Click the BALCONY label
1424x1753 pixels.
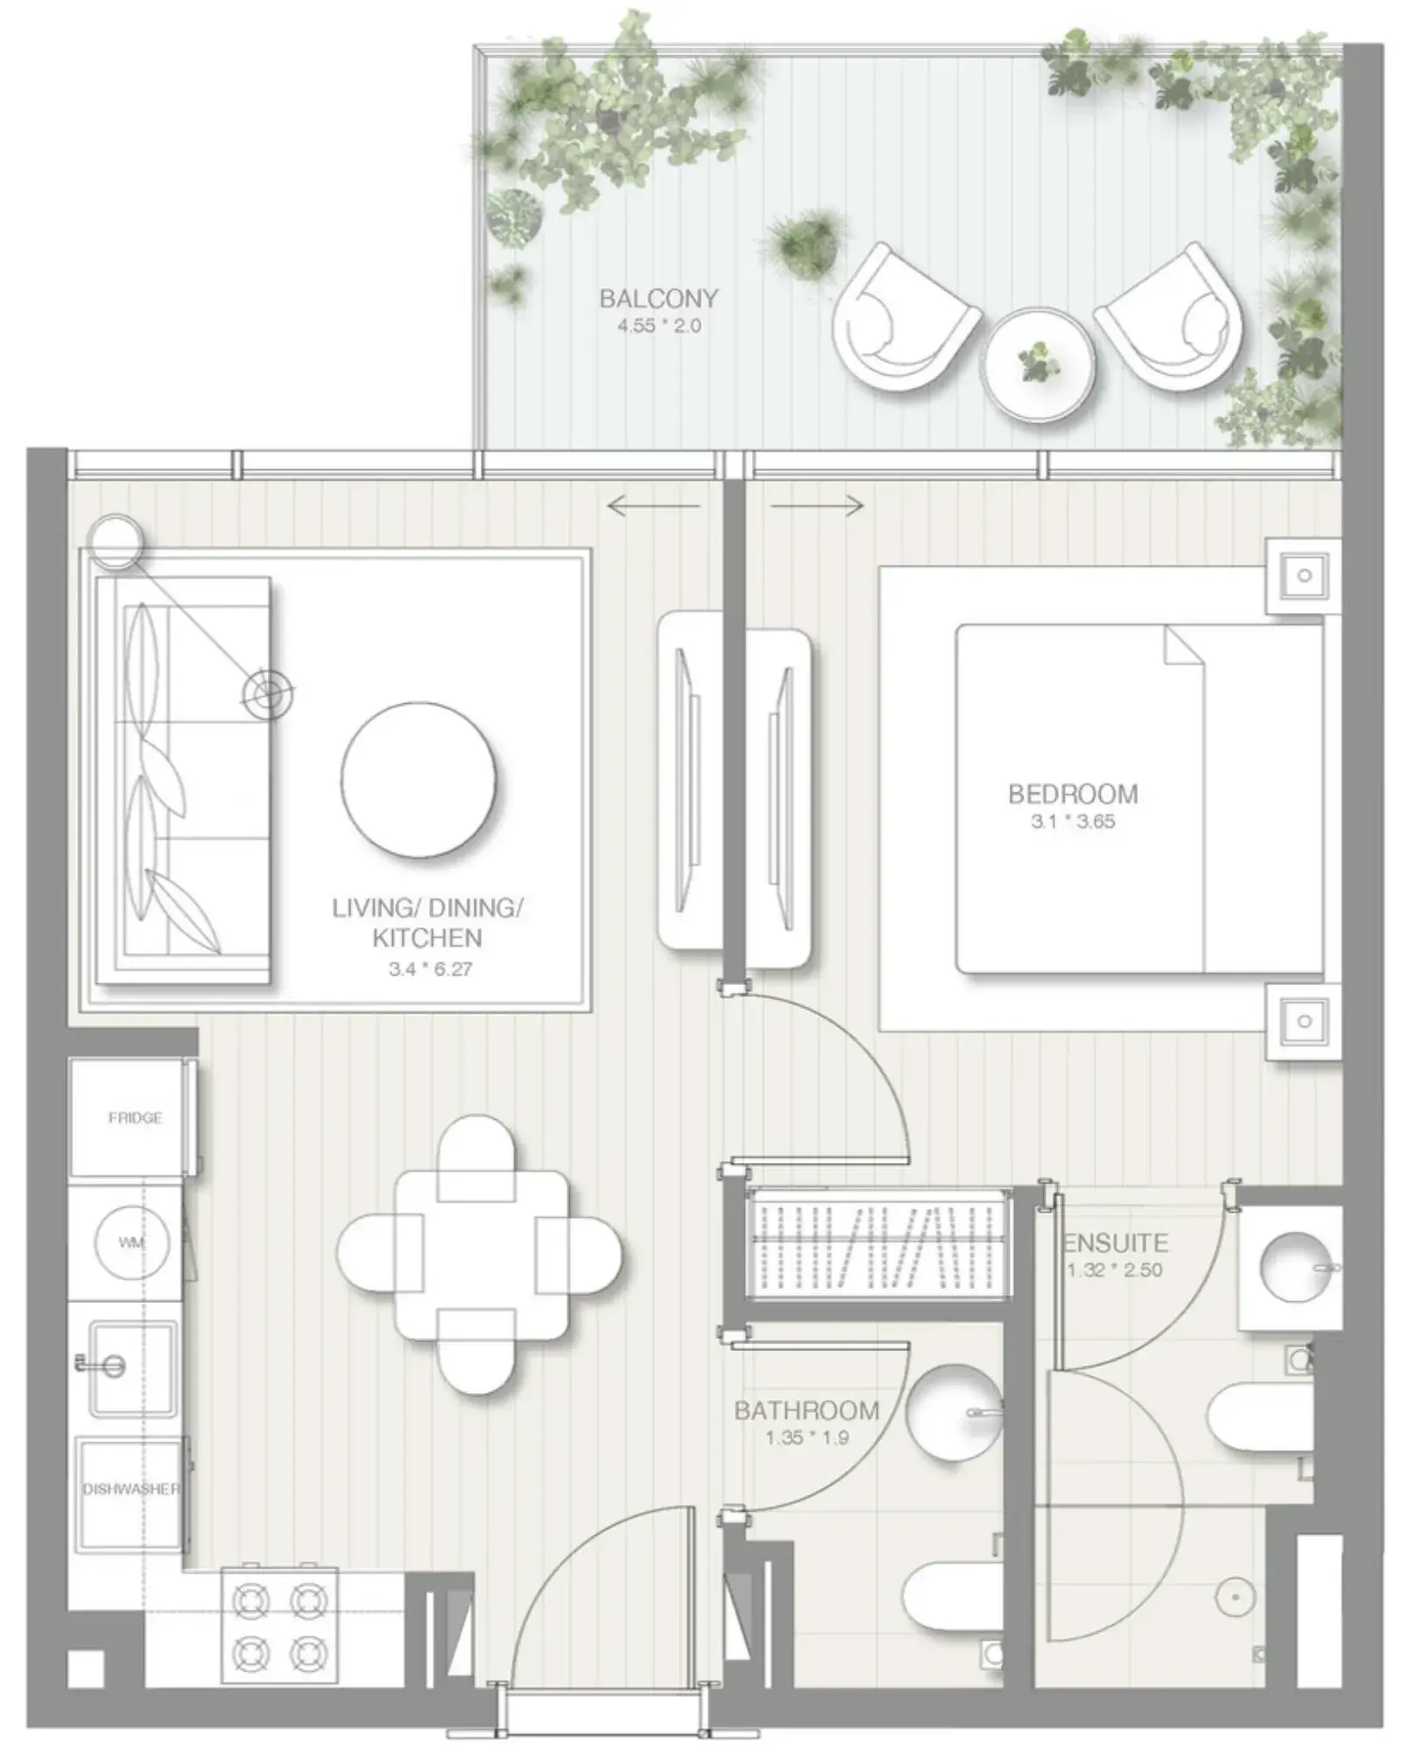pos(659,299)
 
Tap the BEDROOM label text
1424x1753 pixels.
pos(1073,794)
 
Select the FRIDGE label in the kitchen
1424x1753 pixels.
pos(135,1118)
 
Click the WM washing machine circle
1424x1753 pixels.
pos(132,1243)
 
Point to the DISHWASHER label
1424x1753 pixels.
pos(131,1489)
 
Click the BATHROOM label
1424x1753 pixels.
pos(807,1411)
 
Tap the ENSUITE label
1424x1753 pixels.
pos(1116,1243)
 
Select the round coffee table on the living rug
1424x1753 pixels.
pos(419,780)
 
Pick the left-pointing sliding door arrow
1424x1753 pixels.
pos(653,505)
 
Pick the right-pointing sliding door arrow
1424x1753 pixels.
pos(817,505)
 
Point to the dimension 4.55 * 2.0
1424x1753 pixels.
pos(659,327)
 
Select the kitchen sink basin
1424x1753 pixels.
pos(134,1366)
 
